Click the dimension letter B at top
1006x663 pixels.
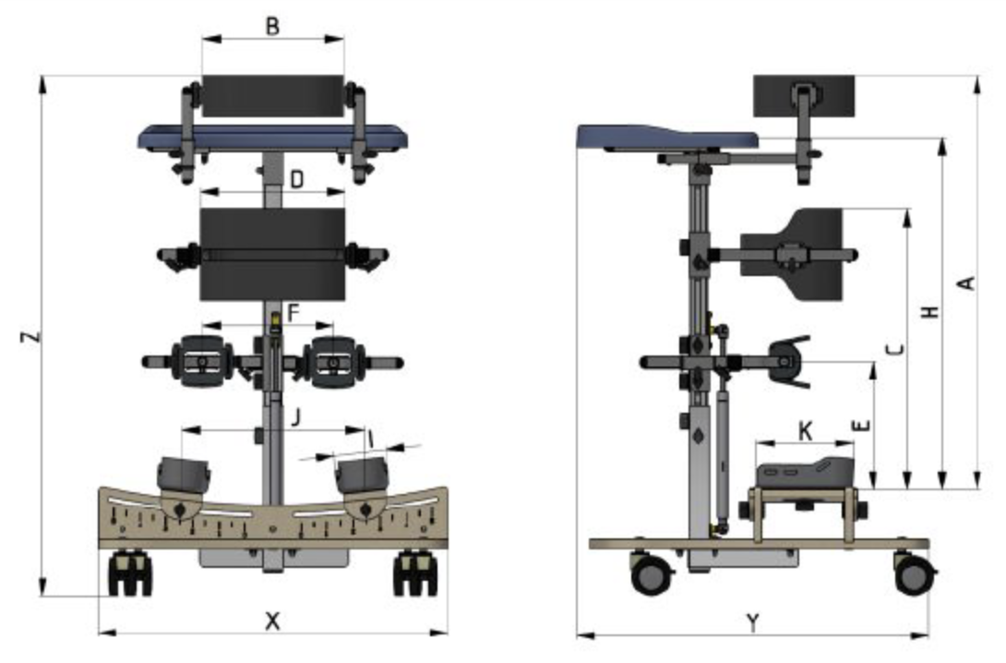pyautogui.click(x=272, y=27)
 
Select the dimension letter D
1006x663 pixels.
pyautogui.click(x=296, y=180)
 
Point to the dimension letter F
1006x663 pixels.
pyautogui.click(x=293, y=314)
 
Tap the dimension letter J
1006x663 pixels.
pyautogui.click(x=295, y=417)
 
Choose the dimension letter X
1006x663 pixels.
pyautogui.click(x=272, y=621)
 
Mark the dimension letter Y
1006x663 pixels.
pyautogui.click(x=753, y=622)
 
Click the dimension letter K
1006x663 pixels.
pyautogui.click(x=805, y=431)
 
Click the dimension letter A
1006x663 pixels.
pyautogui.click(x=966, y=283)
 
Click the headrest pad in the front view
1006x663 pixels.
pyautogui.click(x=273, y=96)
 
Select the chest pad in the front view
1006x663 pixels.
pyautogui.click(x=273, y=254)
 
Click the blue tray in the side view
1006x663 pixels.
pyautogui.click(x=667, y=138)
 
